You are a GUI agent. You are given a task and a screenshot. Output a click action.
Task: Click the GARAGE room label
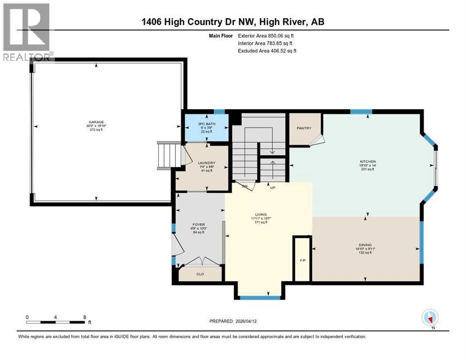(94, 122)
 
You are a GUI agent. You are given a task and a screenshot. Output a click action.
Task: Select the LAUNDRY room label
(206, 163)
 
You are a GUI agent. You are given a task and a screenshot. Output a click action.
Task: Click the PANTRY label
(304, 128)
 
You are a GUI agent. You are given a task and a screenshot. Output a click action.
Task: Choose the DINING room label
(365, 245)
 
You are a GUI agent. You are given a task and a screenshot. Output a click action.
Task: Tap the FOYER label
(199, 225)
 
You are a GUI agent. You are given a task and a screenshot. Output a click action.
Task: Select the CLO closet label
(201, 274)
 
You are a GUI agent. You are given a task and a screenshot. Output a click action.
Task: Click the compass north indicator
(429, 317)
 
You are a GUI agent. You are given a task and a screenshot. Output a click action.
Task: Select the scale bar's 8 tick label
(84, 317)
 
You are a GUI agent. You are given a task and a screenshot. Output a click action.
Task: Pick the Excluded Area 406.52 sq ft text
(267, 51)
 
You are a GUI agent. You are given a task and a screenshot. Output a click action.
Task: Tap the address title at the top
(233, 22)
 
